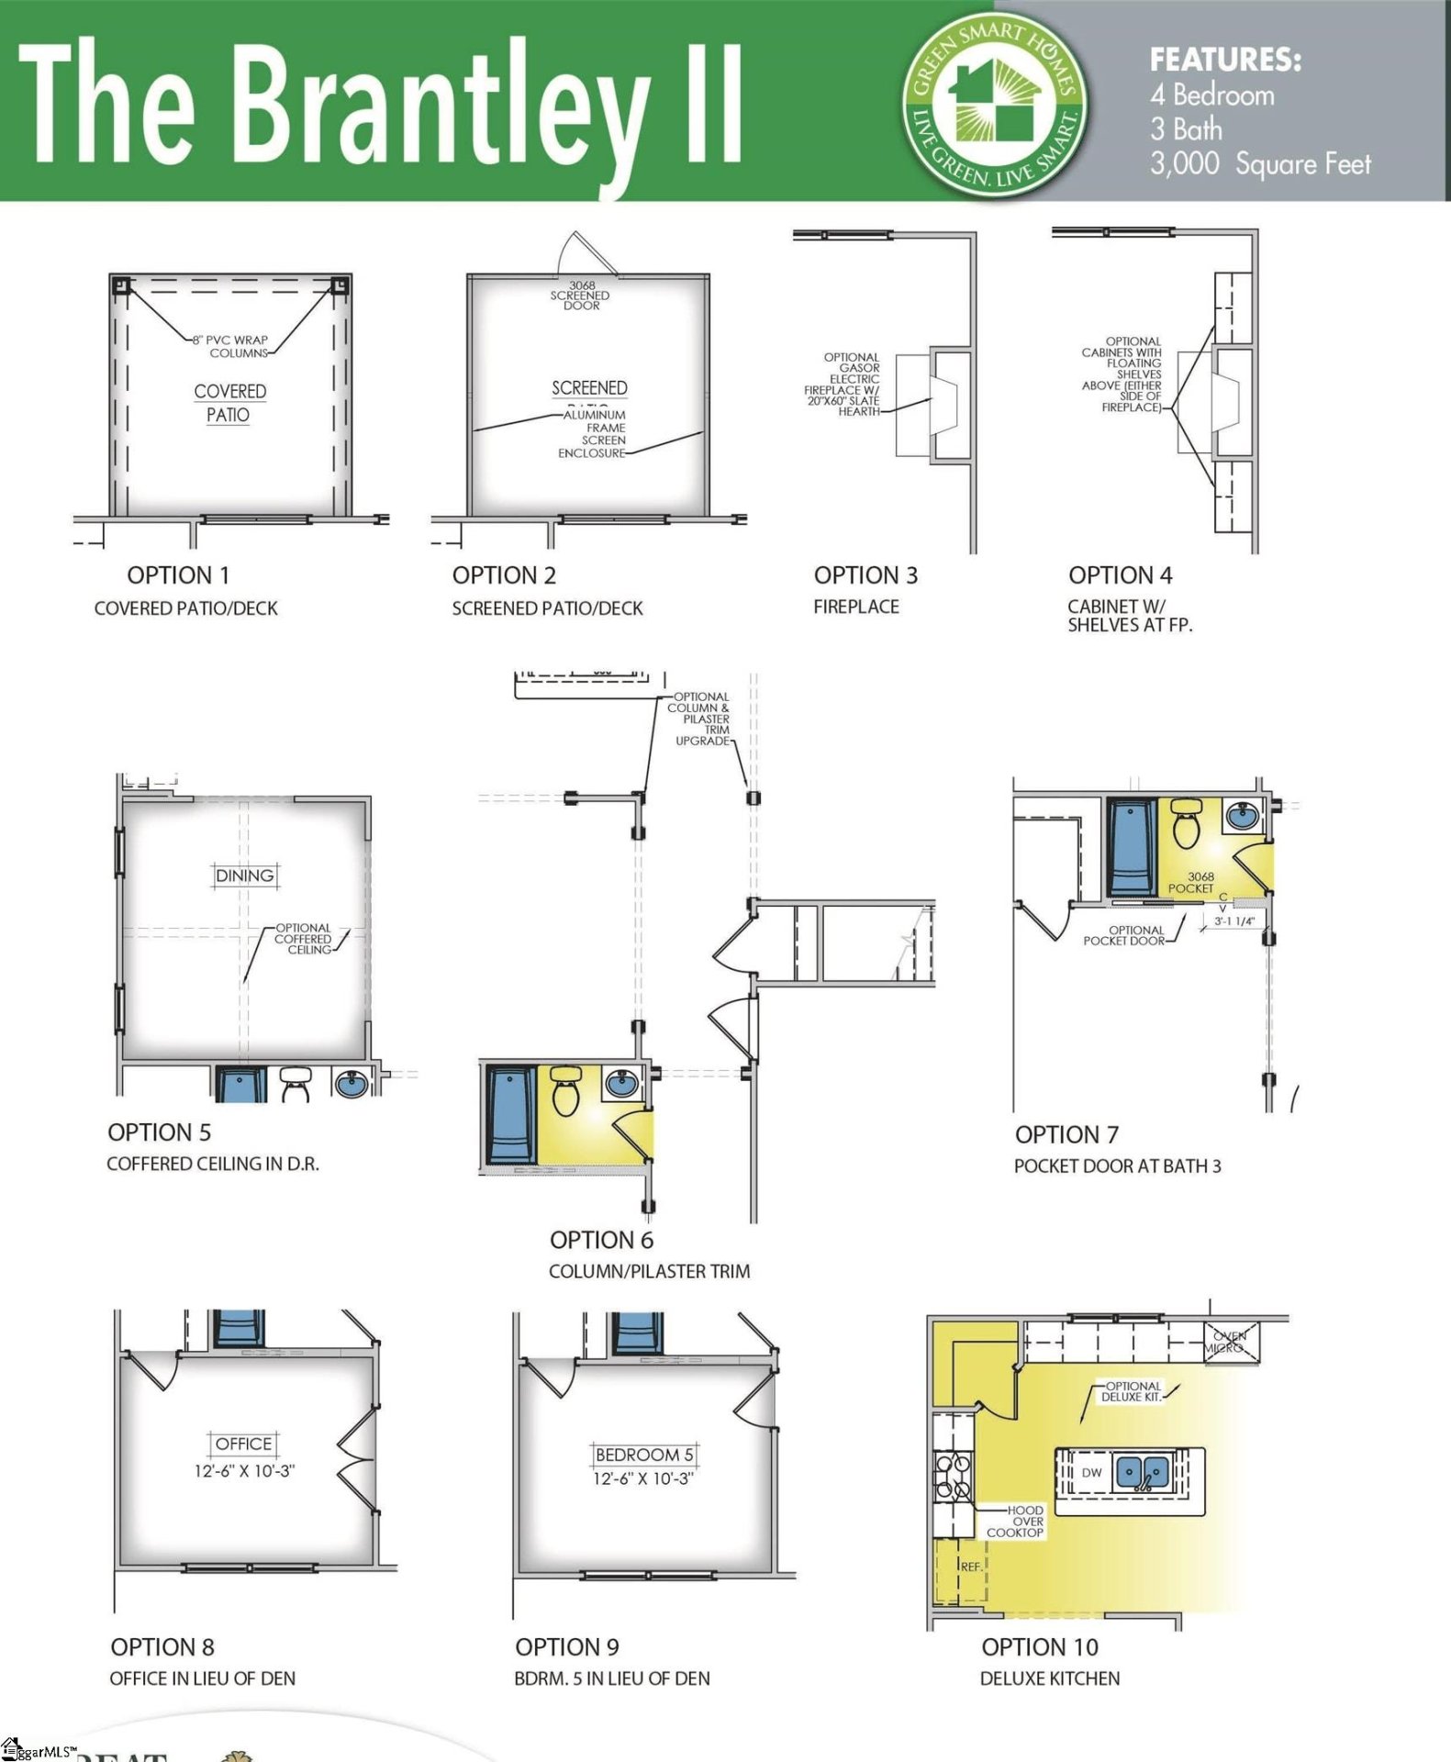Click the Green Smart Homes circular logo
point(995,102)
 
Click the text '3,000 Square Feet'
point(1260,164)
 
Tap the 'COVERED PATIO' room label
point(229,403)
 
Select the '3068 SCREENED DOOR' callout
point(580,296)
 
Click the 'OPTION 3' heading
point(865,575)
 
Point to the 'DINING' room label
point(244,875)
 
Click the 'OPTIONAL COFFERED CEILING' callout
point(303,939)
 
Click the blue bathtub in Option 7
point(1132,847)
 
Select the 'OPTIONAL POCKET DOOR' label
point(1124,935)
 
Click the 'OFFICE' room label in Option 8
point(243,1444)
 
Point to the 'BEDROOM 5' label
point(643,1455)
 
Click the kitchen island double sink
point(1142,1472)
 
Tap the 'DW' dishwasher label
point(1091,1472)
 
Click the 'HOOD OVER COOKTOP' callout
point(1016,1521)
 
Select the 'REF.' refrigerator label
point(971,1567)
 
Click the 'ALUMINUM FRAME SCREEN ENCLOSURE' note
point(595,433)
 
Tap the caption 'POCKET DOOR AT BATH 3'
point(1117,1165)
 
